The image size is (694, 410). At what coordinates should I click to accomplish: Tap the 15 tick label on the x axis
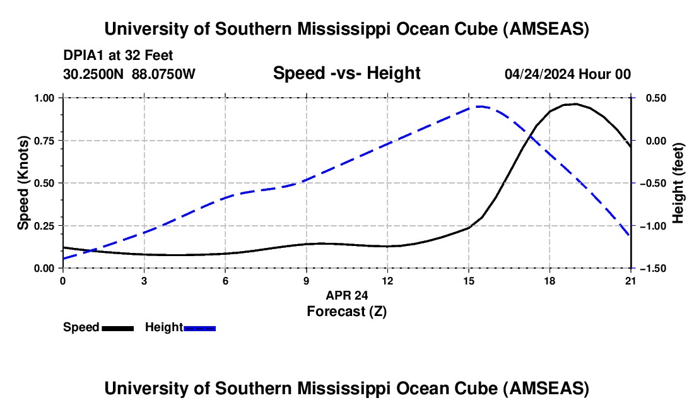(x=468, y=281)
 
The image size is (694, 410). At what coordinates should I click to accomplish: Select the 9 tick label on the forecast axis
(x=306, y=281)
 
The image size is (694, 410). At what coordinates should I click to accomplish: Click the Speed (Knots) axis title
(x=23, y=183)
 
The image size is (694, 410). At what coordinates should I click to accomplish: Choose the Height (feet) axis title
(x=678, y=183)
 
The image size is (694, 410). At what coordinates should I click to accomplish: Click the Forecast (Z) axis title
(x=346, y=311)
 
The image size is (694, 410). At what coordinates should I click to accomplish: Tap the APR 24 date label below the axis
(x=346, y=295)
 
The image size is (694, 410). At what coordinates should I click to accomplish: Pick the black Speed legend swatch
(x=117, y=327)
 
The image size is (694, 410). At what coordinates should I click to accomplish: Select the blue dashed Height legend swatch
(x=200, y=327)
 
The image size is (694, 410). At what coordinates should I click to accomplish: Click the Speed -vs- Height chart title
(x=346, y=73)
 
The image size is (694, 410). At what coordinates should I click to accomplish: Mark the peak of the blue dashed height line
(x=479, y=107)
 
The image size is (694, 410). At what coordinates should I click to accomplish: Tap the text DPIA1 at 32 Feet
(x=118, y=56)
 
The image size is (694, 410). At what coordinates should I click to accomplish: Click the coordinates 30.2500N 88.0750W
(x=129, y=74)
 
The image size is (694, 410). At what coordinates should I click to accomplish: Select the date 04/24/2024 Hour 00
(x=567, y=74)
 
